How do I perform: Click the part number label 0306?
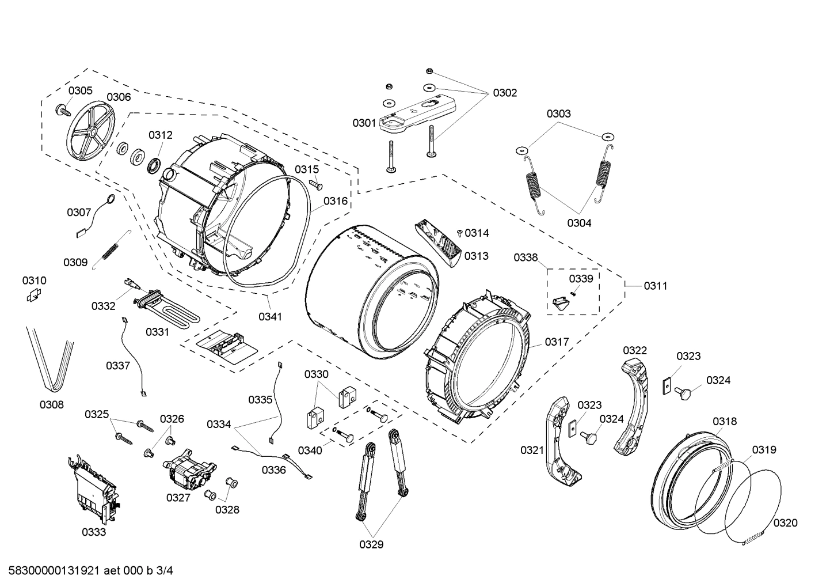tap(119, 97)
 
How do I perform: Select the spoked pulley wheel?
tap(91, 132)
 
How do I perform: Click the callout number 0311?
tap(656, 286)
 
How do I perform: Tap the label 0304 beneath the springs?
tap(578, 224)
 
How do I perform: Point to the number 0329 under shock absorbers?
tap(371, 544)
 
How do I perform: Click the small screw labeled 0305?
tap(60, 110)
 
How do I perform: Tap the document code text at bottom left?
tap(87, 571)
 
